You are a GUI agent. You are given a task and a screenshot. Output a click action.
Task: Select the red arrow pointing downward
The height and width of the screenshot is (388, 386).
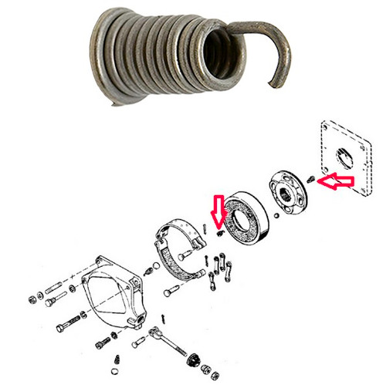[x=217, y=211]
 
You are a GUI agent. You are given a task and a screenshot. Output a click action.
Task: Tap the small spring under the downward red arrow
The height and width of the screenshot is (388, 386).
[x=220, y=231]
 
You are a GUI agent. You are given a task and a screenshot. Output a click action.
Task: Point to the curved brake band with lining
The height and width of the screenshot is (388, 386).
[x=182, y=247]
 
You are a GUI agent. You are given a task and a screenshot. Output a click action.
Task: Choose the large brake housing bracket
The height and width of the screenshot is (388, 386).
[x=116, y=293]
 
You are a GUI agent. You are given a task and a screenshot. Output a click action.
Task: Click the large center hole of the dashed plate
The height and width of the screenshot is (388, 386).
[x=344, y=159]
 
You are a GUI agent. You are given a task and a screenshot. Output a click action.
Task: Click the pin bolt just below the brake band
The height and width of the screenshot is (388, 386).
[x=174, y=293]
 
